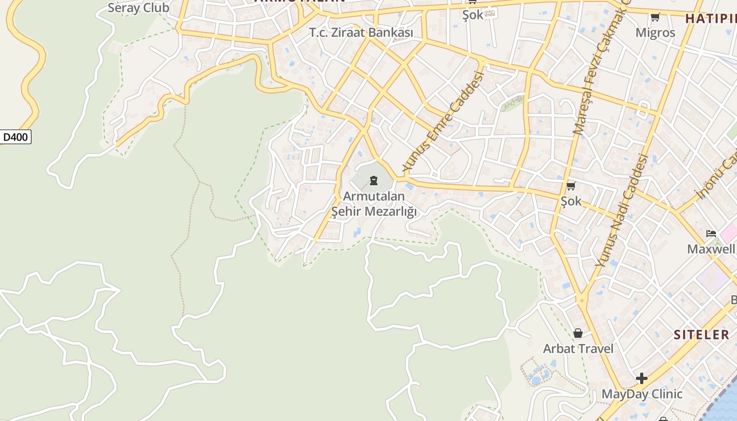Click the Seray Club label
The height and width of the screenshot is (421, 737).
point(138,8)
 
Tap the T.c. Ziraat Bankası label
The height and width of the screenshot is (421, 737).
point(361,33)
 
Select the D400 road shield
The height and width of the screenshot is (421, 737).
point(15,137)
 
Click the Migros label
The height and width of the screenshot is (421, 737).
point(655,33)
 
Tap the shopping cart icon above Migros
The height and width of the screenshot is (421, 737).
point(655,17)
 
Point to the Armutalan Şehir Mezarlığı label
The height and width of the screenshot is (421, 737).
point(374,204)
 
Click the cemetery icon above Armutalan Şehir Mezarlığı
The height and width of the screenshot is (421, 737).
point(374,181)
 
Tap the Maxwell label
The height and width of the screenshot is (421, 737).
point(711,249)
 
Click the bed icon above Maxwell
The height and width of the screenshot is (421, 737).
point(711,233)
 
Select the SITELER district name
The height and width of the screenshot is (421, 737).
point(702,335)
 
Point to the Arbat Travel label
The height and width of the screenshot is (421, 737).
point(578,348)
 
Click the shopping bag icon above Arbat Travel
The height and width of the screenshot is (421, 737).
point(578,333)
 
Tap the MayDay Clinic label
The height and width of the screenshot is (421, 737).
point(642,394)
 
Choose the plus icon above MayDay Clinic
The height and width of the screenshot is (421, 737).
point(642,378)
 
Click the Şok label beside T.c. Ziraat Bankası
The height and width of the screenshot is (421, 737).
point(473,15)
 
